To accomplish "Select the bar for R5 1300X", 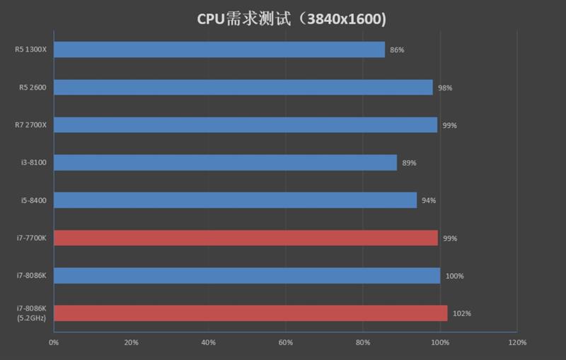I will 219,50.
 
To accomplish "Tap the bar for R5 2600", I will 243,87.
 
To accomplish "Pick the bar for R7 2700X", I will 246,124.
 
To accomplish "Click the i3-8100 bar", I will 225,163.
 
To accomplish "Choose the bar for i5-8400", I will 235,200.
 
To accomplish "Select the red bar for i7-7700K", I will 246,238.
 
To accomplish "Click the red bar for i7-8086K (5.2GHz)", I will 250,313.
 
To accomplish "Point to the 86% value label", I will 397,50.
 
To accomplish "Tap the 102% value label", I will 461,313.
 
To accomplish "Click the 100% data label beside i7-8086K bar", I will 454,276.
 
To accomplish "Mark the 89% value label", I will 409,163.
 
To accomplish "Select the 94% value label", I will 429,201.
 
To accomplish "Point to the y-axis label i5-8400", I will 33,201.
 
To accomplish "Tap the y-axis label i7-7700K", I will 31,238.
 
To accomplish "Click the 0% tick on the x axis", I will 54,343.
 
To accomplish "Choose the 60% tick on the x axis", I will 285,343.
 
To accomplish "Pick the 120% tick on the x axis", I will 517,343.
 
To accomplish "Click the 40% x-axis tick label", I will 208,343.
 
